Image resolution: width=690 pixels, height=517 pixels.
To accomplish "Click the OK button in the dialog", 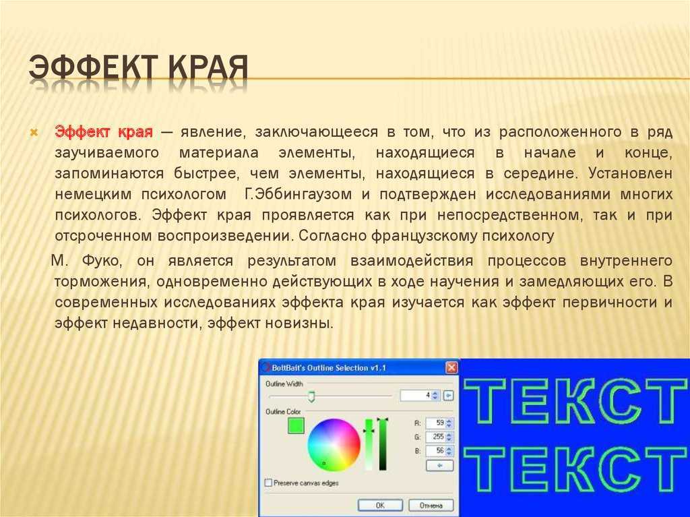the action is click(380, 505).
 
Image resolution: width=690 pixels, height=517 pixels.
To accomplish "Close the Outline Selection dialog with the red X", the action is click(451, 367).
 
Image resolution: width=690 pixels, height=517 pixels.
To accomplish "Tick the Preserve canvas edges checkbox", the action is click(268, 483).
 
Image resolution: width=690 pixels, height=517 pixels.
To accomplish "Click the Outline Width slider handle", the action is click(311, 396).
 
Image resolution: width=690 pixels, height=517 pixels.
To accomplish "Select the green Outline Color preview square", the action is click(296, 425).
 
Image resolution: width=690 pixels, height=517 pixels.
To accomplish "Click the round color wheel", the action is click(334, 444).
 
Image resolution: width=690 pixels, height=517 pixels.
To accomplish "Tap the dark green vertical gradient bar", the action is click(383, 444).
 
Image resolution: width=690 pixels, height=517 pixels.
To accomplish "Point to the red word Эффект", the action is click(82, 131).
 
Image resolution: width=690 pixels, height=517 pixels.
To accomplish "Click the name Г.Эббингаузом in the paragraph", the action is click(297, 194).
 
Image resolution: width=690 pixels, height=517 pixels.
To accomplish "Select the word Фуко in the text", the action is click(101, 260).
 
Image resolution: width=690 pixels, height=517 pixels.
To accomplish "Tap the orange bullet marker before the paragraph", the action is click(34, 132).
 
